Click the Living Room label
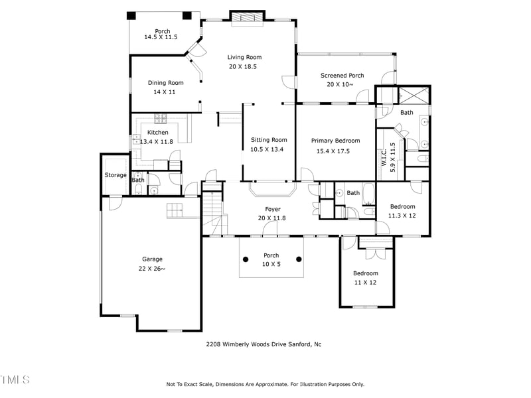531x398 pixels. (244, 57)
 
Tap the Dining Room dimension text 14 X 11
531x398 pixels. (165, 92)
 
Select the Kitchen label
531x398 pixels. (148, 132)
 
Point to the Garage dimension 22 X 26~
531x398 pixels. (152, 269)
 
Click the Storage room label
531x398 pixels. (115, 175)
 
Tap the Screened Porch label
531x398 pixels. (342, 76)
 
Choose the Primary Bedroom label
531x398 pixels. (335, 141)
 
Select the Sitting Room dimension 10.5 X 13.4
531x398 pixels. (268, 149)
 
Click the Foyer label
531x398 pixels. (272, 209)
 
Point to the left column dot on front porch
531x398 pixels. (246, 259)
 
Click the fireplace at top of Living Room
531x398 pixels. (247, 18)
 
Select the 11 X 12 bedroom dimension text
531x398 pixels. (365, 283)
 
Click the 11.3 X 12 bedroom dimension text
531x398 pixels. (402, 215)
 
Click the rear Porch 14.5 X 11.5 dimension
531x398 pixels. (162, 38)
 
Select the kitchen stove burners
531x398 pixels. (160, 119)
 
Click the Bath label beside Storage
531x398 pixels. (138, 180)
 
